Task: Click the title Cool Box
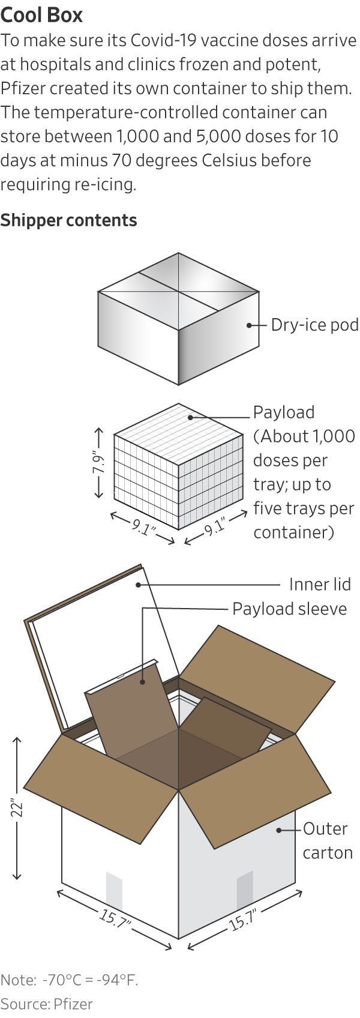[41, 14]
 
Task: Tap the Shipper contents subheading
[68, 220]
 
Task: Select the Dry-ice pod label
[314, 325]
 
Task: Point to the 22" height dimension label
[17, 807]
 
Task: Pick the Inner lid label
[320, 584]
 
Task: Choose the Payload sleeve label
[289, 609]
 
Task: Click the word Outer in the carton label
[325, 829]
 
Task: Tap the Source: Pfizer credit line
[47, 1004]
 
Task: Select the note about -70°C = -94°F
[69, 980]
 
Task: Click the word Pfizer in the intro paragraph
[23, 88]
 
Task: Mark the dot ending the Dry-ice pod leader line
[249, 325]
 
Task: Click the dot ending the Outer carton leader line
[280, 830]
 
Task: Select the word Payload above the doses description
[283, 412]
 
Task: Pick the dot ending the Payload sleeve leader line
[143, 681]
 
